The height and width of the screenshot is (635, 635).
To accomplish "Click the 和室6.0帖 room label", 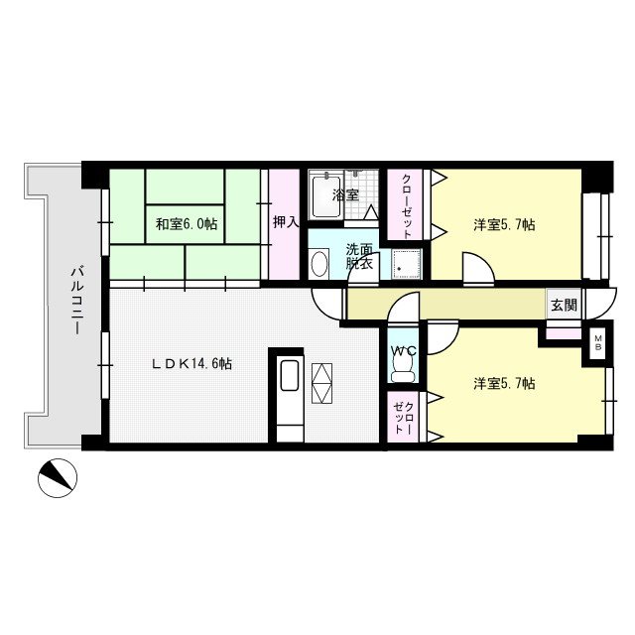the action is pos(187,223).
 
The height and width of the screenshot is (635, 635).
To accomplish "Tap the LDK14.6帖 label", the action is pos(191,364).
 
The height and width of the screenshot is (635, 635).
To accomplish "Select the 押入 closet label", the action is pos(286,221).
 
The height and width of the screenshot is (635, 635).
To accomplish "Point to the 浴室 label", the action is pos(345,194).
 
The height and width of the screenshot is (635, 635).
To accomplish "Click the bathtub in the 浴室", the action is pos(326,195).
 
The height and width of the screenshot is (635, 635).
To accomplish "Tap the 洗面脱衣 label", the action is pos(359,256).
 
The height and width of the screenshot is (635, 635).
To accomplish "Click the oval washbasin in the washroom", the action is pos(319,264).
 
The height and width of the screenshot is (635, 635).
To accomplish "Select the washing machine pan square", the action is pos(406,264).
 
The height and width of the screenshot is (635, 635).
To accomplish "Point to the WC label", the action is pos(404,350).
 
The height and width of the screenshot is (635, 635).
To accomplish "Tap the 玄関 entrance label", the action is pos(565,305).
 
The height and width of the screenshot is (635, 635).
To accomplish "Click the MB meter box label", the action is pos(598,342).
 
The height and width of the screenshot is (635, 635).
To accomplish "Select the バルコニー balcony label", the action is pos(76,300).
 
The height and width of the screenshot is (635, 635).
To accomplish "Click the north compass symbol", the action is pos(58,478).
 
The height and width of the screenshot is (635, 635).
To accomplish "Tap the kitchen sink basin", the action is pos(289,375).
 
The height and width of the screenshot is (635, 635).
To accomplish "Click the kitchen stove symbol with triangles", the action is pos(321,383).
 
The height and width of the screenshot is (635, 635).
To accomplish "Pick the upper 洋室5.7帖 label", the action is pos(504,224).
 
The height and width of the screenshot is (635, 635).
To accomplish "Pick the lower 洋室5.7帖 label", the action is pos(504,383).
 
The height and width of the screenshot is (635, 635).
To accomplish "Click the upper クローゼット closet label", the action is pos(406,206).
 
